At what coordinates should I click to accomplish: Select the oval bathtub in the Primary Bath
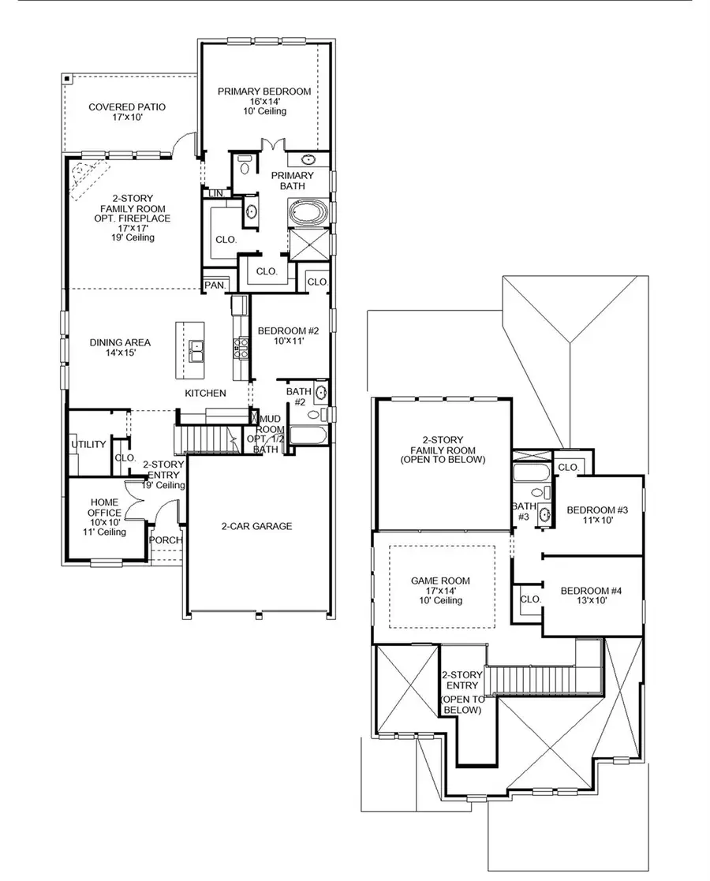pos(305,213)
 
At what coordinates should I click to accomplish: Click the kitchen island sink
pos(196,349)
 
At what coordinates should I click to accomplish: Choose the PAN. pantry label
pos(213,285)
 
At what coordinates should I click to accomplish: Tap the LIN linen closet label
pos(215,192)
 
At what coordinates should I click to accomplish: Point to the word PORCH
pos(166,540)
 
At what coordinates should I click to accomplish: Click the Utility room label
pos(88,444)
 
